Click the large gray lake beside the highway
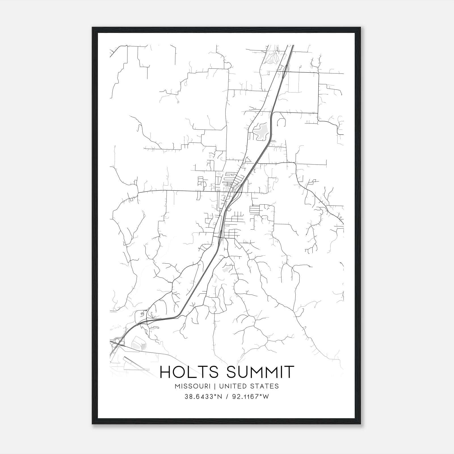point(261,132)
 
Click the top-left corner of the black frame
point(92,28)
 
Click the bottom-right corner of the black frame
point(361,424)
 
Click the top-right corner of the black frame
point(361,28)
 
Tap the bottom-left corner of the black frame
point(92,424)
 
